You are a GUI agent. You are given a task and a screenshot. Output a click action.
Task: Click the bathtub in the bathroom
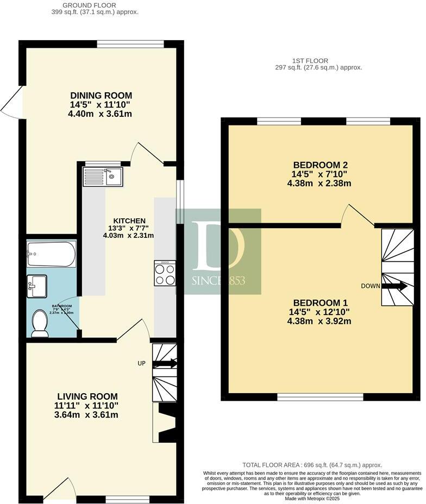51,253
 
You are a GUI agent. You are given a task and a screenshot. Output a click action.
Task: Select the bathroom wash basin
37,286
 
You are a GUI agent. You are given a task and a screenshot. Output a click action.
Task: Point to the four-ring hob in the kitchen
165,273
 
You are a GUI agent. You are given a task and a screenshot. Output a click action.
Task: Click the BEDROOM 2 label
320,165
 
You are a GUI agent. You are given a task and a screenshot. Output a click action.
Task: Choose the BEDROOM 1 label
320,303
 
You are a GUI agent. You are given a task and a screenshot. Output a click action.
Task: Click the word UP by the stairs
141,363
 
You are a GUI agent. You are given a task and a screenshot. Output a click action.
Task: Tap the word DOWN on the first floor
371,286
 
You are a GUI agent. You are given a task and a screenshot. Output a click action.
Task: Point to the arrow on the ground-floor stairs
166,363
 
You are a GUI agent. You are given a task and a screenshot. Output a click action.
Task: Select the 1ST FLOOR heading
318,61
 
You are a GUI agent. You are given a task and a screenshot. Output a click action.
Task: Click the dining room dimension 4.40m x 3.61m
101,114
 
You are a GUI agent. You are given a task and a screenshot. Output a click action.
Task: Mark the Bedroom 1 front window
320,397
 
